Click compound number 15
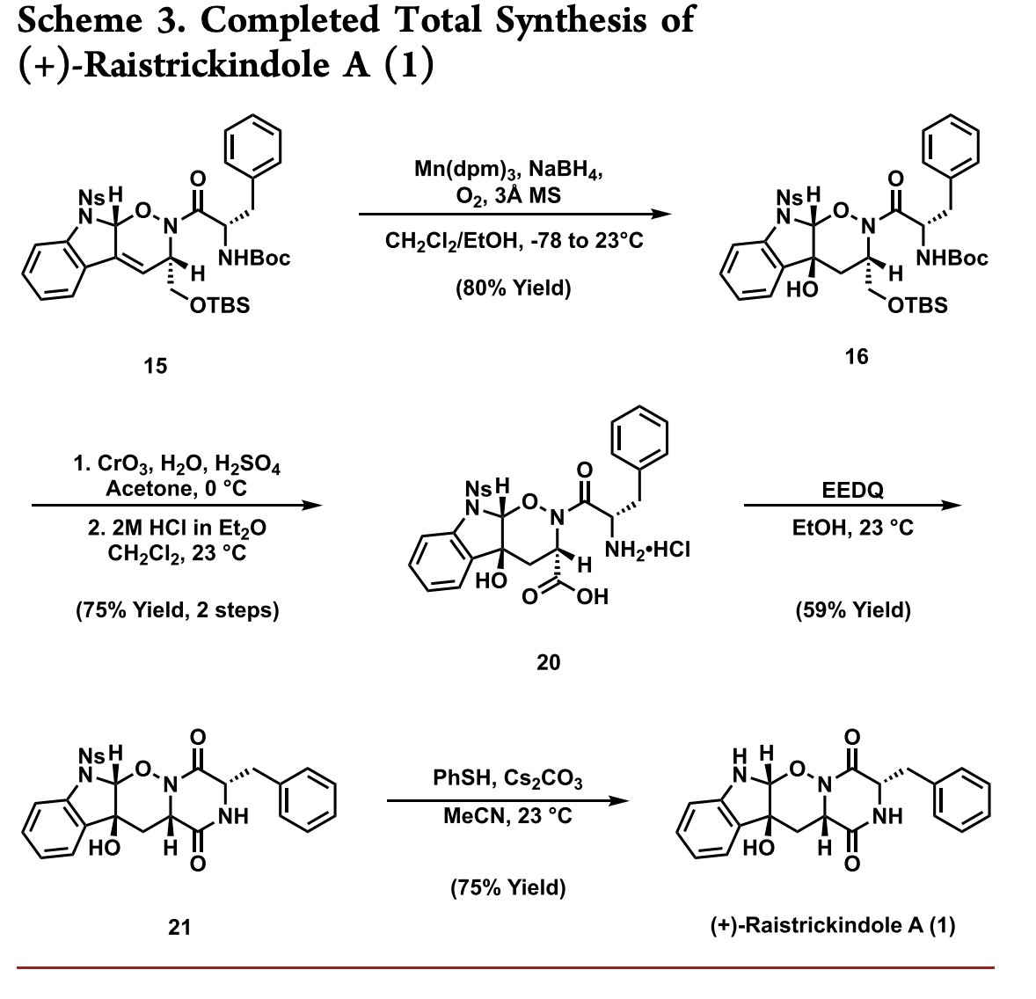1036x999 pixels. pos(155,365)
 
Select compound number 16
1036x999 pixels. pos(856,355)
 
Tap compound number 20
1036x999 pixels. pos(548,661)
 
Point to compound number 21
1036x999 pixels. pos(180,925)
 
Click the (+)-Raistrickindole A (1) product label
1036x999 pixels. pos(832,925)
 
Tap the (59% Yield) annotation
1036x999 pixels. pos(852,609)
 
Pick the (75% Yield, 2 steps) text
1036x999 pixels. pos(177,609)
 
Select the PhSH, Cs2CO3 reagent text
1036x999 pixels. pos(507,779)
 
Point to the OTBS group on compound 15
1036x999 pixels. pos(220,305)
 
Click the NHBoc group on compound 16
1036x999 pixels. pos(952,258)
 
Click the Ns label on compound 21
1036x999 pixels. pos(91,755)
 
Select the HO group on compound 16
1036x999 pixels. pos(801,289)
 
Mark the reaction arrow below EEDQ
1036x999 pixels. pos(852,506)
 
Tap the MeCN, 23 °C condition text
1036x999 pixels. pos(507,817)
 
